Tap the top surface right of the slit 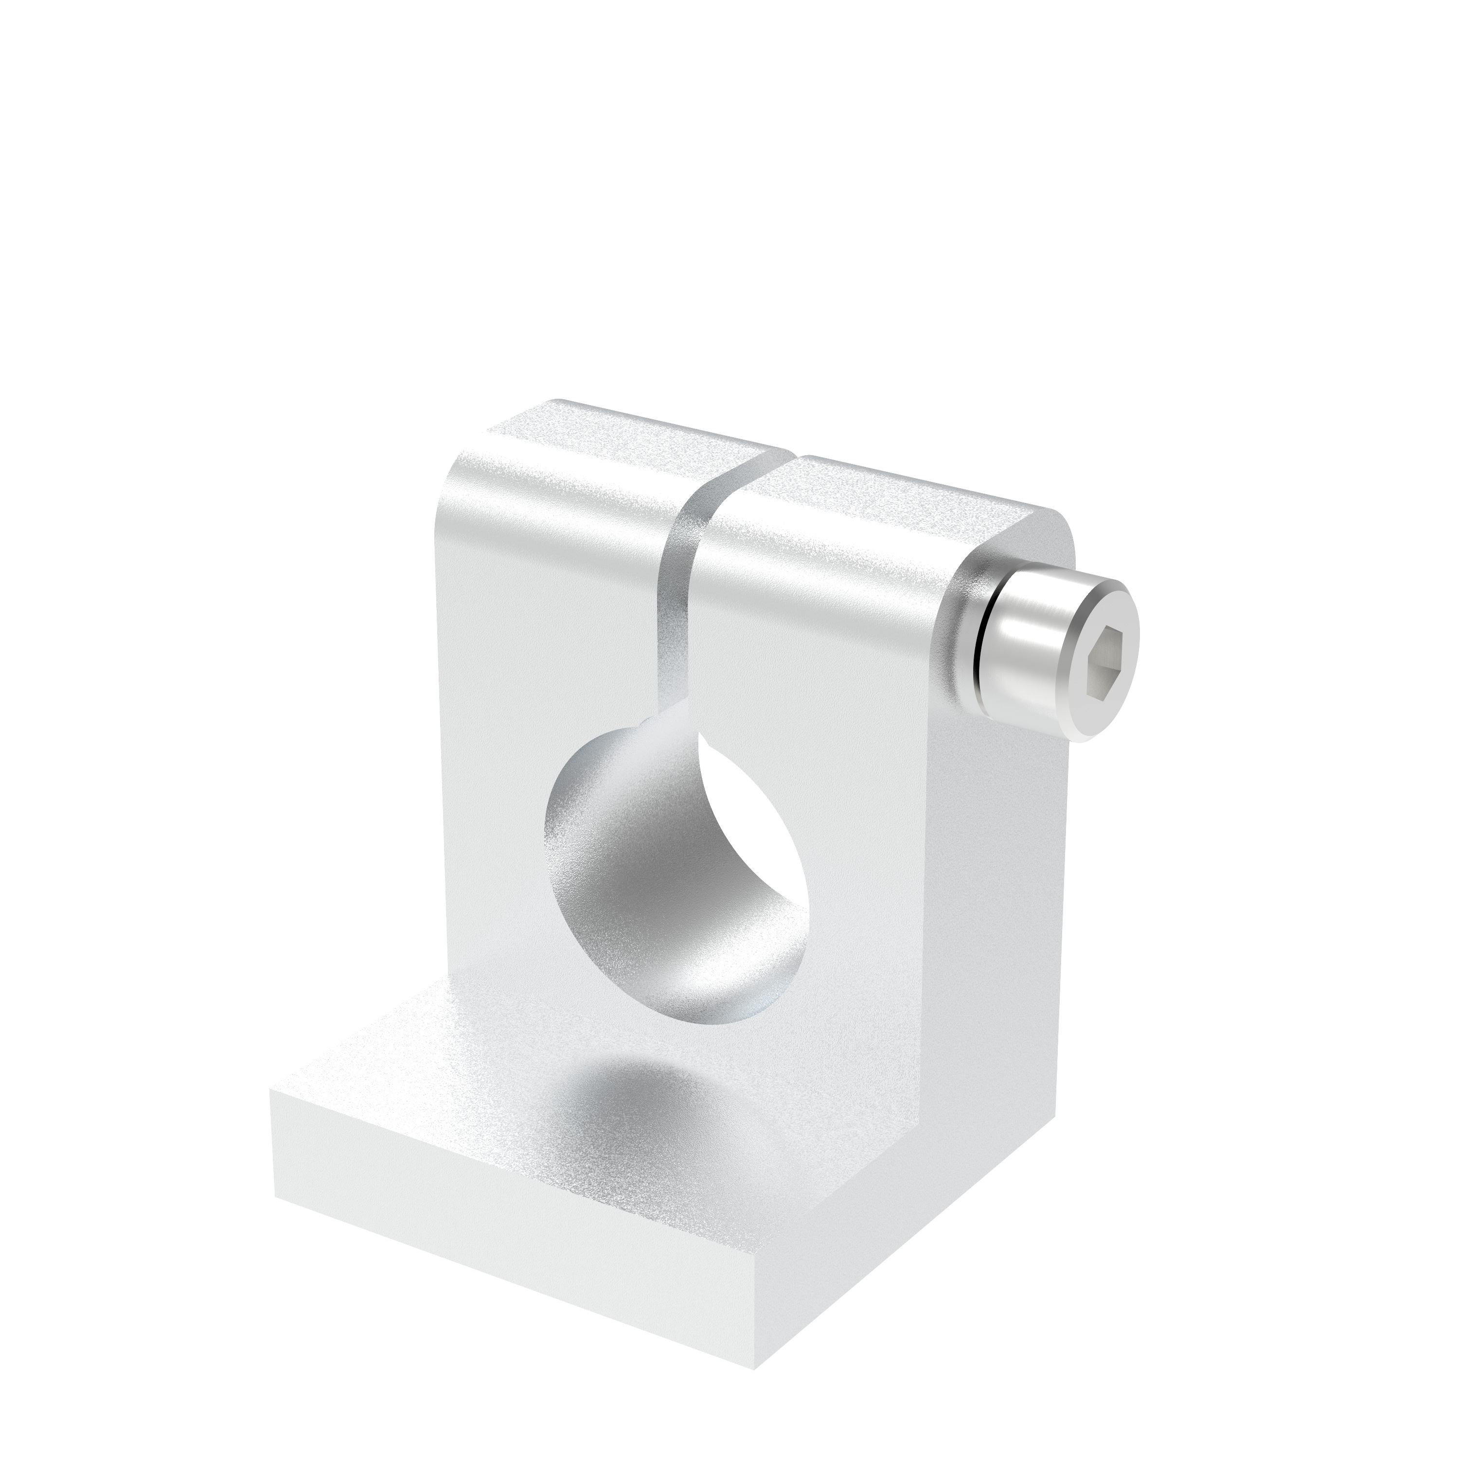click(906, 491)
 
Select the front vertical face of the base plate click(514, 1216)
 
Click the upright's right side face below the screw click(989, 906)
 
